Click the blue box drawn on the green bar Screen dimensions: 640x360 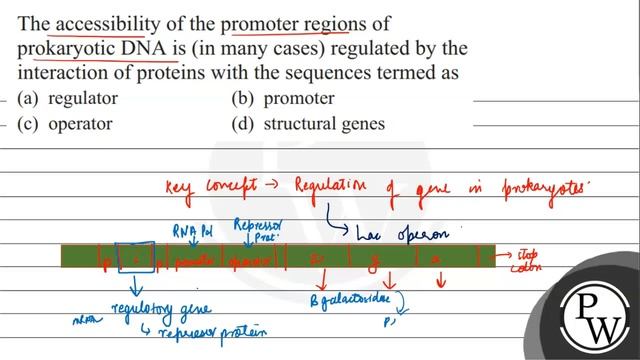click(x=135, y=257)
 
